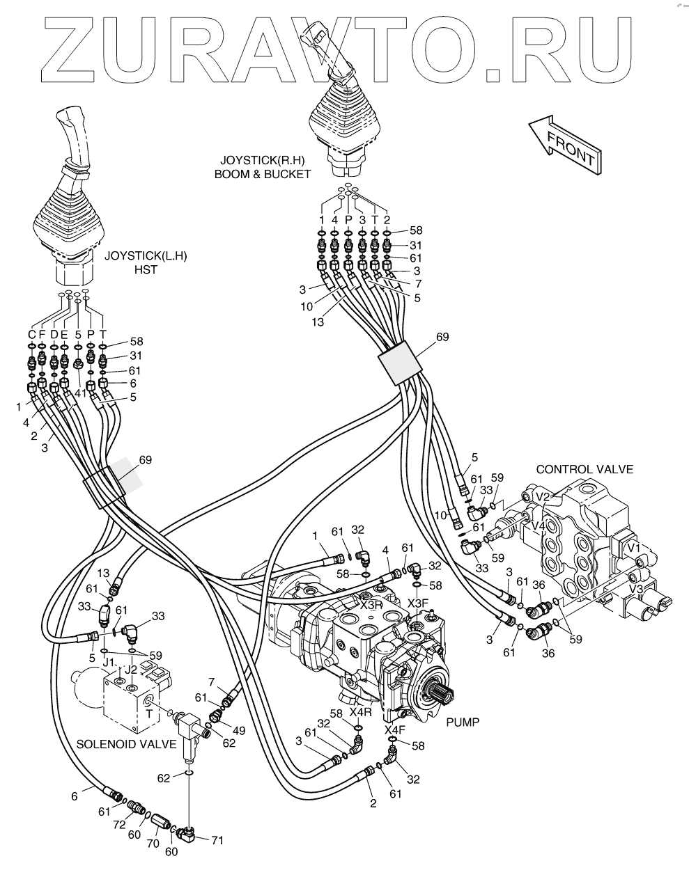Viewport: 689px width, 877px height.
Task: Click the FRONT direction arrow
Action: click(565, 145)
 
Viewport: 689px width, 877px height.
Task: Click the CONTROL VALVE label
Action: click(585, 469)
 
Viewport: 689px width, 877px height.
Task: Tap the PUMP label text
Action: click(463, 722)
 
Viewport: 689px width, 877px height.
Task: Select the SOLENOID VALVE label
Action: click(126, 744)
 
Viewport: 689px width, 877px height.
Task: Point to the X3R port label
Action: click(371, 605)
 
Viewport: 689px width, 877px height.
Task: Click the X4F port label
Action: click(394, 729)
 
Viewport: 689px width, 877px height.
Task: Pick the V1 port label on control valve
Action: click(633, 548)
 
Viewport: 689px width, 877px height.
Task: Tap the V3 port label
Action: click(635, 589)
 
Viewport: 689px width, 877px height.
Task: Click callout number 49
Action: click(239, 731)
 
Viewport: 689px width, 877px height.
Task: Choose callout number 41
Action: click(80, 393)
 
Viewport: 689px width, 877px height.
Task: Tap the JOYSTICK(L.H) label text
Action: click(146, 256)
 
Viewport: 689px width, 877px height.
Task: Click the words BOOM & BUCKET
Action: click(263, 174)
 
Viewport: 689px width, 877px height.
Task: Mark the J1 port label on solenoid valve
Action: click(109, 663)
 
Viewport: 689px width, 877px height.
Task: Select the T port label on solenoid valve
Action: click(149, 713)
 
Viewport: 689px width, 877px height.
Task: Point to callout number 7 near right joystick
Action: click(419, 283)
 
